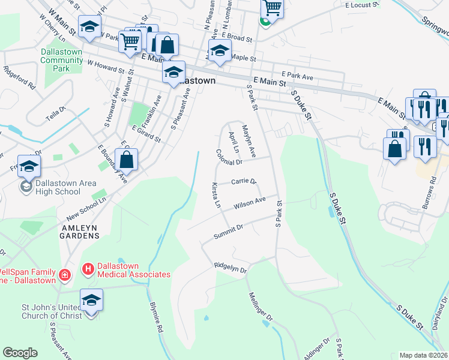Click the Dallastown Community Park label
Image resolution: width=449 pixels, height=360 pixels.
point(62,60)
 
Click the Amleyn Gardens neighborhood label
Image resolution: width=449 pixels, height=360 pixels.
point(79,232)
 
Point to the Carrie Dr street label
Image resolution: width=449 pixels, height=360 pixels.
point(244,181)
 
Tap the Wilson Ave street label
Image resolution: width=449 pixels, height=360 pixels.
point(250,204)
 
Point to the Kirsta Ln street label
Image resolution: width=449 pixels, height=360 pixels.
point(215,195)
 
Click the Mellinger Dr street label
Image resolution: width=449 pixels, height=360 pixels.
point(261,305)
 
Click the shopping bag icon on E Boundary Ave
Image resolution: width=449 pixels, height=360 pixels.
point(126,160)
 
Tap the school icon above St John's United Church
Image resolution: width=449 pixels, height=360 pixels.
point(91,299)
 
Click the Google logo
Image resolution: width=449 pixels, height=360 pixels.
point(20,353)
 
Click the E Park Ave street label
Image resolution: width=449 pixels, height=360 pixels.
point(301,77)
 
